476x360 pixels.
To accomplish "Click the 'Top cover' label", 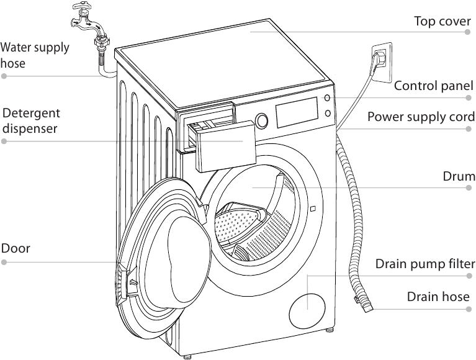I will [442, 22].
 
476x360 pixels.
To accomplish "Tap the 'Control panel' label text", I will [433, 86].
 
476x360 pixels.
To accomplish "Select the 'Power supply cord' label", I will [421, 117].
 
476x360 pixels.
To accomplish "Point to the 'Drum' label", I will [459, 176].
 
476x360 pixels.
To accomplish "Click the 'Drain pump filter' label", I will [425, 264].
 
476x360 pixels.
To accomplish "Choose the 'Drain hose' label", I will [438, 297].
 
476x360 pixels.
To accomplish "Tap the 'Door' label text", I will [16, 249].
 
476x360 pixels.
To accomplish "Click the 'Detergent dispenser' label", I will [31, 120].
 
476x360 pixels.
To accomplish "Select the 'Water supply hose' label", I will [34, 55].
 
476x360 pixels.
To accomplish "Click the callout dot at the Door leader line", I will [4, 263].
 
